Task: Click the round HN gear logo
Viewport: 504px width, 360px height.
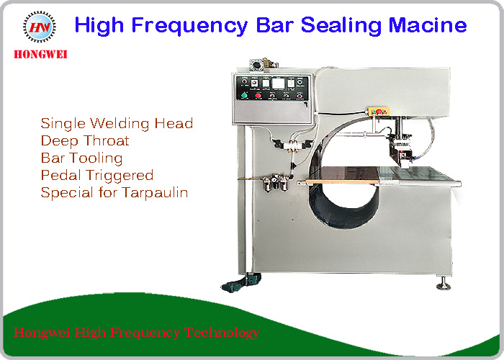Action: (40, 27)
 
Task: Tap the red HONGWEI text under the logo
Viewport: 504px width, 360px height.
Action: (40, 54)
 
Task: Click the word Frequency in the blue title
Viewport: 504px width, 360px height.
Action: (189, 26)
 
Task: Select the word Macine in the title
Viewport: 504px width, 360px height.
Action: (428, 25)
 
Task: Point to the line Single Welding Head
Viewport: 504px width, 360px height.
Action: (117, 124)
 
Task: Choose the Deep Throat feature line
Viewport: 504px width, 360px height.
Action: (85, 141)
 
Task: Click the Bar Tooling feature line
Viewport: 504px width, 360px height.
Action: (81, 158)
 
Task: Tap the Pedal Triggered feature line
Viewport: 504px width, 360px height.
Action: (97, 176)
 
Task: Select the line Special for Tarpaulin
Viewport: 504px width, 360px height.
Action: (114, 193)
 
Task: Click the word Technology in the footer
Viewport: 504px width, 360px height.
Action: (222, 333)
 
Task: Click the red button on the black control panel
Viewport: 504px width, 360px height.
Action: (258, 96)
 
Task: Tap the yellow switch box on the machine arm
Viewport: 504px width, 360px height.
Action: (379, 112)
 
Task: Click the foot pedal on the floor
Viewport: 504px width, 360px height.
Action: (240, 283)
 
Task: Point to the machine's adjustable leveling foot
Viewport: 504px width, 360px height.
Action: (444, 283)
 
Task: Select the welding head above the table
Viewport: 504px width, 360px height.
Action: (400, 150)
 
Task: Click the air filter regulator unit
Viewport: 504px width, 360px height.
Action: (276, 183)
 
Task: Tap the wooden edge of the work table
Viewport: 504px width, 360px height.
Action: (342, 182)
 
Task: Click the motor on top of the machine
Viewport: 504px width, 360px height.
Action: (263, 63)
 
